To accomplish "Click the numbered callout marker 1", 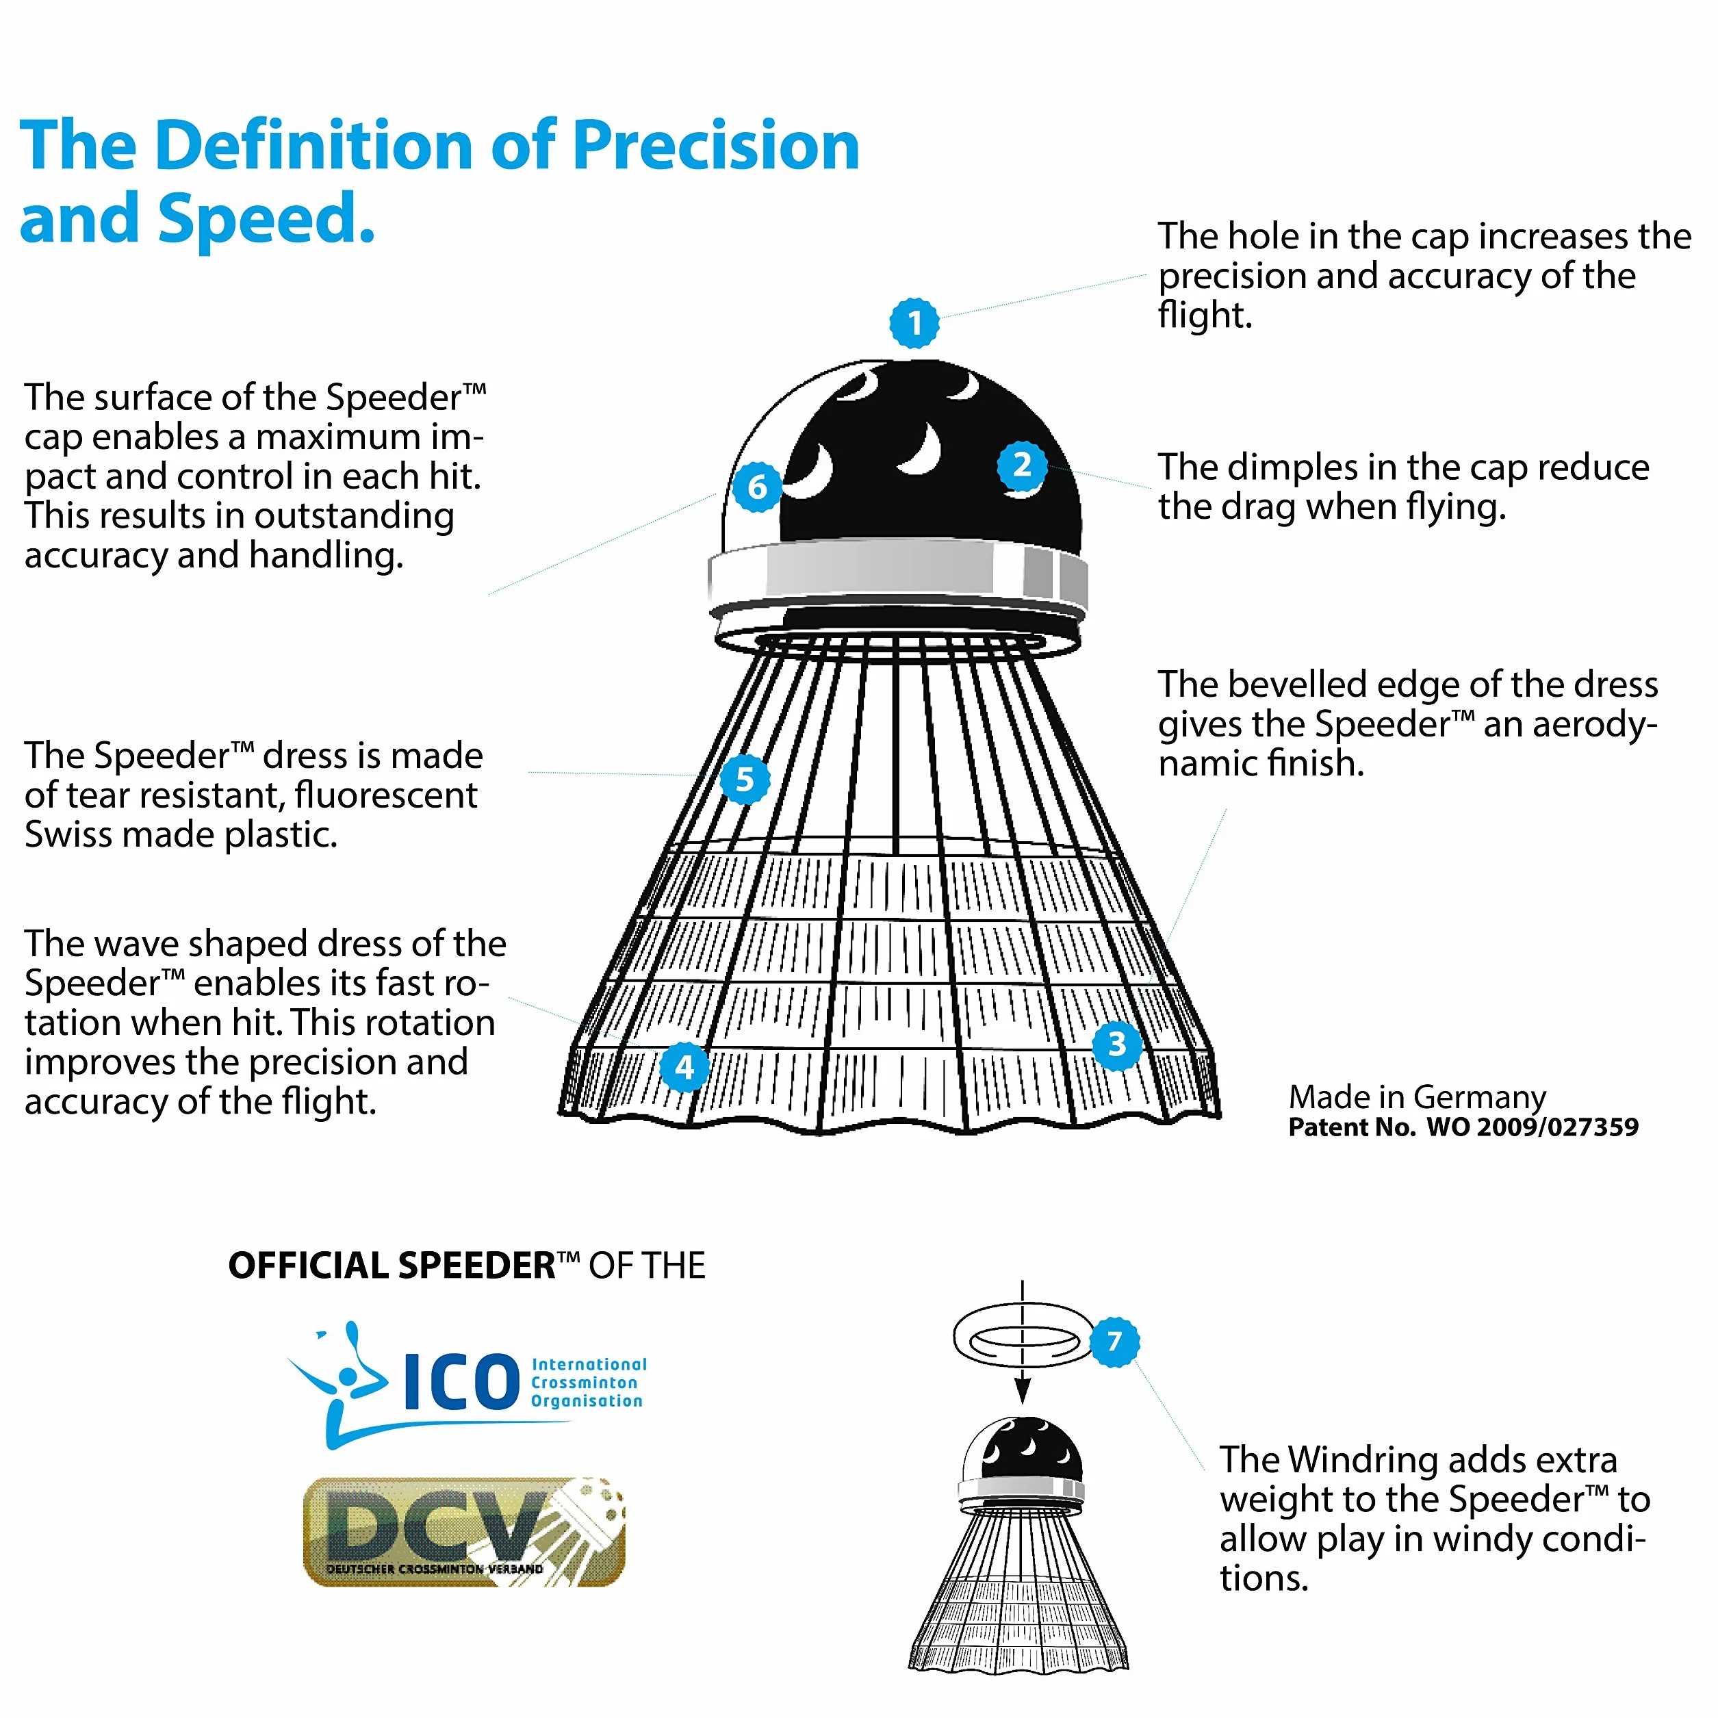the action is [914, 323].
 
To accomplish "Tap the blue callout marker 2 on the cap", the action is [1022, 464].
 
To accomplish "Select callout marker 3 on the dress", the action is [1117, 1043].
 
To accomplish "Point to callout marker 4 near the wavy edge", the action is [684, 1066].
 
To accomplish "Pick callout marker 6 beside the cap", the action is [757, 487].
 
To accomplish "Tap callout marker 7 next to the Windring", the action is [1114, 1341].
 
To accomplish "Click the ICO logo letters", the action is [461, 1382].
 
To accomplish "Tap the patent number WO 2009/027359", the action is [1532, 1127].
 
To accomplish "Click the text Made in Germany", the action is [1418, 1097].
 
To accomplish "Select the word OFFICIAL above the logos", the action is [309, 1266].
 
